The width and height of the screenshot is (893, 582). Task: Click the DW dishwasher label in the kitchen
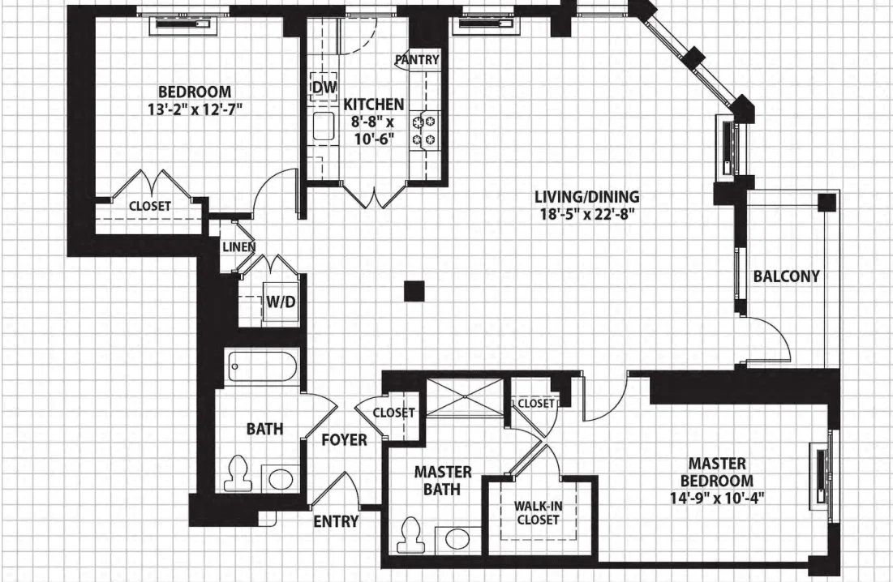(x=324, y=87)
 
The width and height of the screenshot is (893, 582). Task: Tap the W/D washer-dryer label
(x=281, y=302)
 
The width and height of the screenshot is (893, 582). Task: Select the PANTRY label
(x=418, y=60)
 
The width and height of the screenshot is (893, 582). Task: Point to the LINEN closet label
(x=238, y=247)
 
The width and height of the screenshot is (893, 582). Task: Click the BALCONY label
(x=787, y=276)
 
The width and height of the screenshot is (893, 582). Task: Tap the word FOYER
(x=344, y=440)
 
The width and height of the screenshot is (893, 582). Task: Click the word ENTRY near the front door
(x=336, y=521)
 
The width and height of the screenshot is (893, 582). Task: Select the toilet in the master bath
(x=410, y=535)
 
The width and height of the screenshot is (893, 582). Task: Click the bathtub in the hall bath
(x=263, y=367)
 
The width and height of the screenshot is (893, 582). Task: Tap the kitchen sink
(x=324, y=126)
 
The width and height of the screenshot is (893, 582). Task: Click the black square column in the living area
(x=414, y=291)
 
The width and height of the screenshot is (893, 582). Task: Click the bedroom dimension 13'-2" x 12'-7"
(x=195, y=109)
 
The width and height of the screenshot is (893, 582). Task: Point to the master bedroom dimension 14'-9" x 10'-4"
(x=717, y=499)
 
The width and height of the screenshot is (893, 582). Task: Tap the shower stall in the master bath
(x=465, y=397)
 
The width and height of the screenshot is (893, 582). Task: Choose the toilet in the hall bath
(x=238, y=474)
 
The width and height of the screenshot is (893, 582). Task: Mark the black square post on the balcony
(x=827, y=202)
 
